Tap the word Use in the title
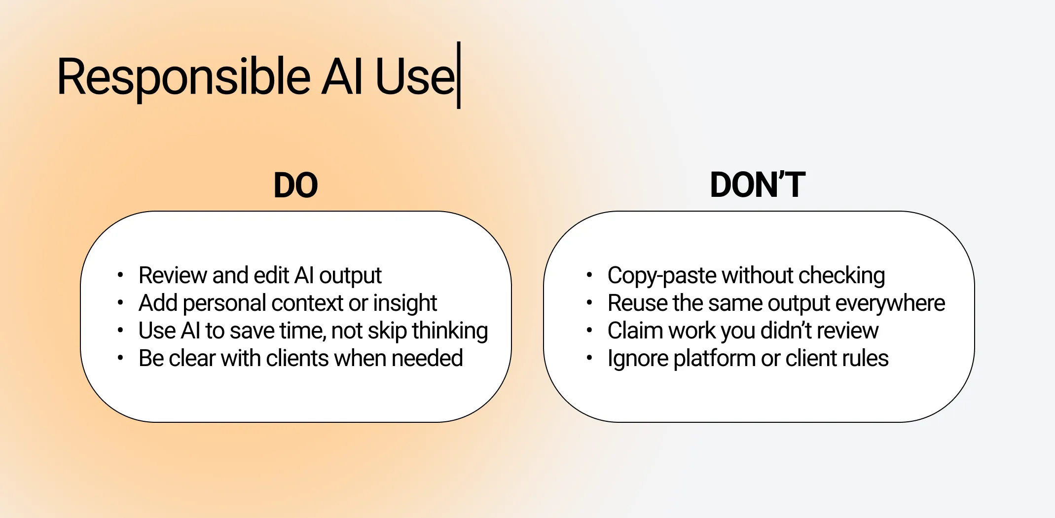coord(414,77)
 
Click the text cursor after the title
coord(459,75)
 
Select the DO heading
coord(295,185)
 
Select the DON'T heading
coord(757,185)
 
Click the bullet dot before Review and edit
coord(120,275)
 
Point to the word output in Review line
coord(350,276)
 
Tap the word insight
coord(405,303)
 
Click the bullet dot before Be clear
coord(120,358)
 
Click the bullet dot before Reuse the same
coord(589,303)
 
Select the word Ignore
coord(638,359)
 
